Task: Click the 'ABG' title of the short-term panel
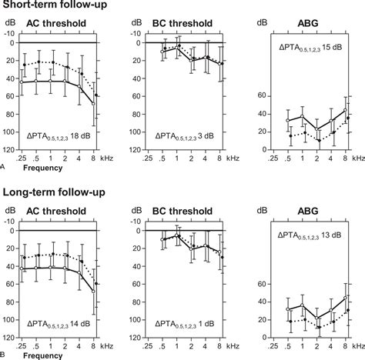click(314, 23)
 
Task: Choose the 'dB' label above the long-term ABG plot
click(264, 208)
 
